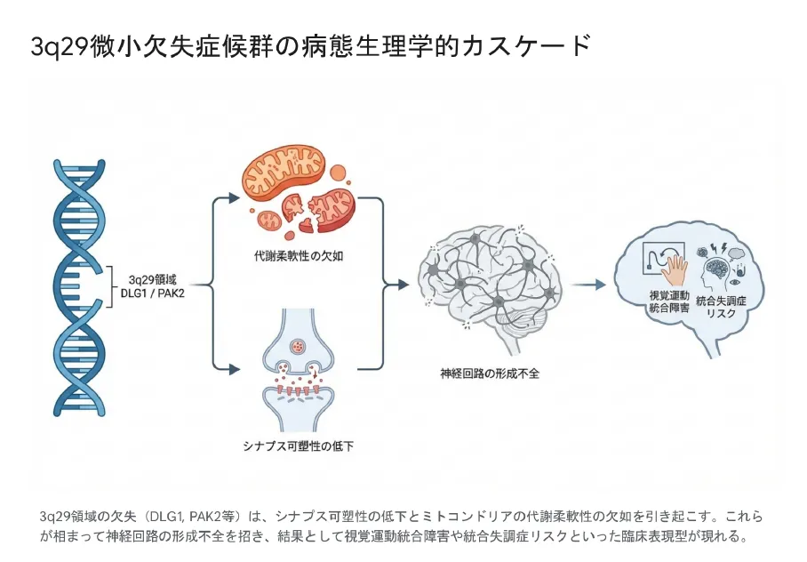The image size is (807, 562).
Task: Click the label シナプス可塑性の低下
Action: (298, 446)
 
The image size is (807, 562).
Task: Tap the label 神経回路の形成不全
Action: (490, 373)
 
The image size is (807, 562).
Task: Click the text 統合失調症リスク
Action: (721, 308)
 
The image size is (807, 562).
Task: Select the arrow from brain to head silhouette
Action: (587, 285)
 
